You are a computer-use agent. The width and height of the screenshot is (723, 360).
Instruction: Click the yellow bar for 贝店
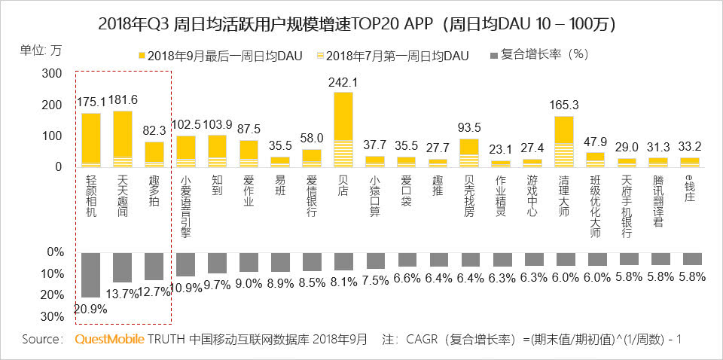(343, 116)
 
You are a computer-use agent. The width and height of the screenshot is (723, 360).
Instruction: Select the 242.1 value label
(343, 82)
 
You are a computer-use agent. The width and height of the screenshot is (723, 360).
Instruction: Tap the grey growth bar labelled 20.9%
(91, 275)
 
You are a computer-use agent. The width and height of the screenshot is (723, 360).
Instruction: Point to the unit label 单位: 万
(41, 51)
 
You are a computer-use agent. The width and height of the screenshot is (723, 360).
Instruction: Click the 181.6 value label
(123, 100)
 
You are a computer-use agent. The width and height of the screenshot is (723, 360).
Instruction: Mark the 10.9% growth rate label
(186, 288)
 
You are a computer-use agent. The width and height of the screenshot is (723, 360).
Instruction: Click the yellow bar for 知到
(218, 146)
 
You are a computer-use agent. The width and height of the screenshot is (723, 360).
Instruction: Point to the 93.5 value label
(469, 128)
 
